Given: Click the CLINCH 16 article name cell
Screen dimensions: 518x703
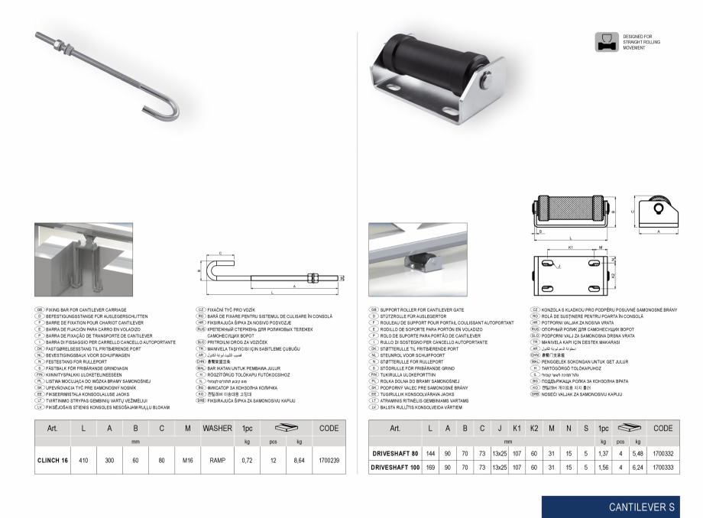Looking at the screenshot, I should coord(53,461).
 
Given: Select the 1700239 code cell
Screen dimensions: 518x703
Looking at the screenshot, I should coord(329,461).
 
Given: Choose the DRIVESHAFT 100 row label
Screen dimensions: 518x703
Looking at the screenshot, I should coord(395,466).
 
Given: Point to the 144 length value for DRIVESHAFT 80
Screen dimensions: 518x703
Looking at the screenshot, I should coord(431,454).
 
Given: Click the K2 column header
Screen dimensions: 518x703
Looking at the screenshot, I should coord(534,429).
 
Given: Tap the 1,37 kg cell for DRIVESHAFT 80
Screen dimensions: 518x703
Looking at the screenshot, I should coord(603,454).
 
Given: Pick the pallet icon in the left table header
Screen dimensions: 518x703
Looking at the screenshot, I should coord(289,426).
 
